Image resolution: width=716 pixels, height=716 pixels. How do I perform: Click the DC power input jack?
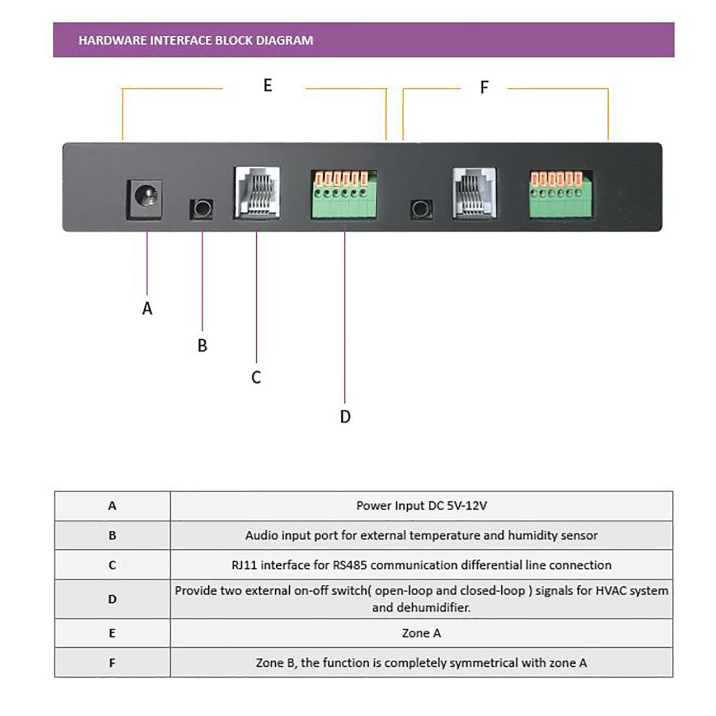coord(145,199)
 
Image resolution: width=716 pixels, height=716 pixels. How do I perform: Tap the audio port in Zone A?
coord(201,209)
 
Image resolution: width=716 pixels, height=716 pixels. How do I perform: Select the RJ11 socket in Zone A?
coord(256,193)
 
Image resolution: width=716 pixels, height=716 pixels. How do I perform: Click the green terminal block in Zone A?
coord(343,194)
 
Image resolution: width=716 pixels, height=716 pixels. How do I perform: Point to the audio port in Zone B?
coord(421,209)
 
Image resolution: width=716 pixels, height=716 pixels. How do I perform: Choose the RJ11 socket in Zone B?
coord(474,193)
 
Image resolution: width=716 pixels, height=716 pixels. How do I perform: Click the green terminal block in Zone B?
coord(561,194)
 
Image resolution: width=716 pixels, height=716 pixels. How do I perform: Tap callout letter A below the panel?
coord(147,308)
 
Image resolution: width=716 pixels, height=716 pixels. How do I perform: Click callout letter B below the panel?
coord(202,346)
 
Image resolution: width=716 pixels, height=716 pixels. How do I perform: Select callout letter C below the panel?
coord(256,378)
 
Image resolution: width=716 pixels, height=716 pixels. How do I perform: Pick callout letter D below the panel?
coord(345,417)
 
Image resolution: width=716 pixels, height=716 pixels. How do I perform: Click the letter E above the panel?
coord(267,86)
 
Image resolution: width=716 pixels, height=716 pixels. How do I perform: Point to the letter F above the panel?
coord(484,88)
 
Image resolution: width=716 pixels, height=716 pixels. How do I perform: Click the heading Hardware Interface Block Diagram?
coord(195,40)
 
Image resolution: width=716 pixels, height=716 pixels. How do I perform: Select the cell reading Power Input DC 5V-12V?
coord(421,506)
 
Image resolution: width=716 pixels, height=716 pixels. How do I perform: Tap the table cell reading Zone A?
coord(421,633)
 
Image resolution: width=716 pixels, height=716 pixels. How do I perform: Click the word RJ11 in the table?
coord(244,565)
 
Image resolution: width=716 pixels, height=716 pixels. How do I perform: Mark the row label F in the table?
coord(112,663)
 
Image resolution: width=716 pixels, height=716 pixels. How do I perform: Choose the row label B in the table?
coord(112,535)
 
